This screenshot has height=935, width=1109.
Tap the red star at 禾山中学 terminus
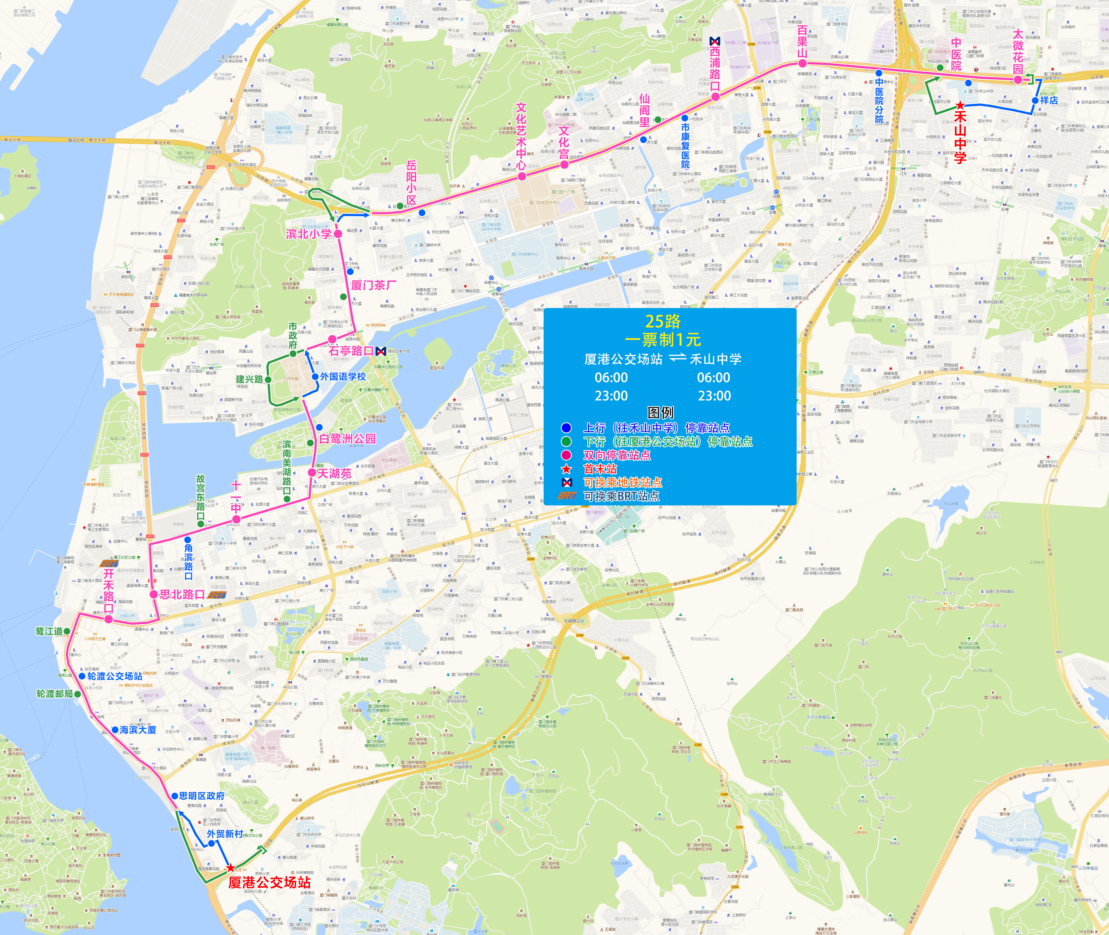pos(960,105)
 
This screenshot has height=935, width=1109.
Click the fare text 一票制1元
pos(663,339)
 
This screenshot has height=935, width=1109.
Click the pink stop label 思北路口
pos(182,594)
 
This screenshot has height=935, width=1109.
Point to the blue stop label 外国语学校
pos(343,376)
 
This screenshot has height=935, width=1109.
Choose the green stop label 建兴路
pos(249,379)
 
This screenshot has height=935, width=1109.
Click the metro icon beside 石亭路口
pos(380,351)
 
